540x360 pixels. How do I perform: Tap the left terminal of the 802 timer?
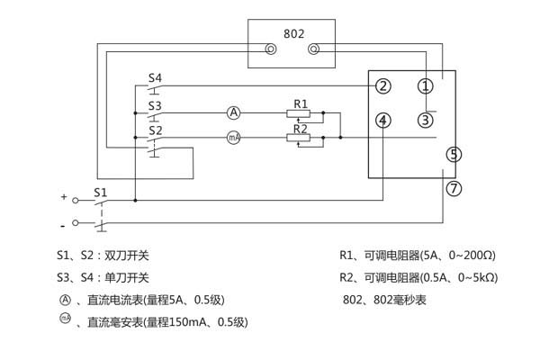click(x=270, y=51)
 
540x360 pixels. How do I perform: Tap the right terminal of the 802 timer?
click(x=313, y=51)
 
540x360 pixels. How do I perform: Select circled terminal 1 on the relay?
click(x=426, y=86)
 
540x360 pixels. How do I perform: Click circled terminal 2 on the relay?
click(x=383, y=86)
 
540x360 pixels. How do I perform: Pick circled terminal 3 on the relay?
click(x=426, y=120)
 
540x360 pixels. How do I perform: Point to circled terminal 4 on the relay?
click(x=383, y=120)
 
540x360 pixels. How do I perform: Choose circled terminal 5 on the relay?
click(x=454, y=155)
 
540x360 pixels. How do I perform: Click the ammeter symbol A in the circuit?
click(x=233, y=112)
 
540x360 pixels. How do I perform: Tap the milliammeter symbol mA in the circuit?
click(x=233, y=138)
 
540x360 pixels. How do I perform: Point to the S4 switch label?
click(x=155, y=78)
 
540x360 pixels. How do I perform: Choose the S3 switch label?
click(x=155, y=104)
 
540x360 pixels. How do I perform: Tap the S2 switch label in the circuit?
click(x=155, y=130)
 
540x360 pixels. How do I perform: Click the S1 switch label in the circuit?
click(x=101, y=192)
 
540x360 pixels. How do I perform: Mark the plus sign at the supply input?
click(x=64, y=195)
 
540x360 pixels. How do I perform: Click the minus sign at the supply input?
click(x=63, y=222)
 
